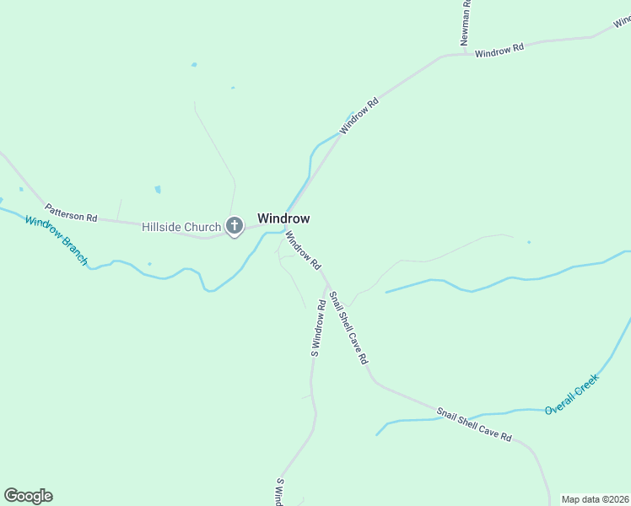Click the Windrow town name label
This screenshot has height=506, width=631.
pyautogui.click(x=283, y=218)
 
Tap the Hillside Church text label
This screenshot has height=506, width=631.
pyautogui.click(x=181, y=226)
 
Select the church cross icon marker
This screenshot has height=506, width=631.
pyautogui.click(x=235, y=225)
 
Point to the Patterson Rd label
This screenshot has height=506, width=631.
pyautogui.click(x=71, y=212)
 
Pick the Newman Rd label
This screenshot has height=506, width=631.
pyautogui.click(x=465, y=23)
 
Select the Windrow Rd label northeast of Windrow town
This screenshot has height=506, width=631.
pyautogui.click(x=359, y=116)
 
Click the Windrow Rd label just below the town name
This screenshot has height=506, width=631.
pyautogui.click(x=303, y=250)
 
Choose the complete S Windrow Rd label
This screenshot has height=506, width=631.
pyautogui.click(x=318, y=326)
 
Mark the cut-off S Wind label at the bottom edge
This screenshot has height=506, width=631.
pyautogui.click(x=279, y=493)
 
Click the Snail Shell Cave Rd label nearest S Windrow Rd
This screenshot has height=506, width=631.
pyautogui.click(x=348, y=327)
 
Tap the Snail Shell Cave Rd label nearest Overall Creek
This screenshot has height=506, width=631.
pyautogui.click(x=474, y=424)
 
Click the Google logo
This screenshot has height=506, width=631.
pyautogui.click(x=28, y=496)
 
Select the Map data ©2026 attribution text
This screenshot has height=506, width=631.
pyautogui.click(x=595, y=499)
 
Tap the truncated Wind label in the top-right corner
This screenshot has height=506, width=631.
pyautogui.click(x=622, y=20)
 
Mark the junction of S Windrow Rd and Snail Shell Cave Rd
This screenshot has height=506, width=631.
pyautogui.click(x=326, y=285)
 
